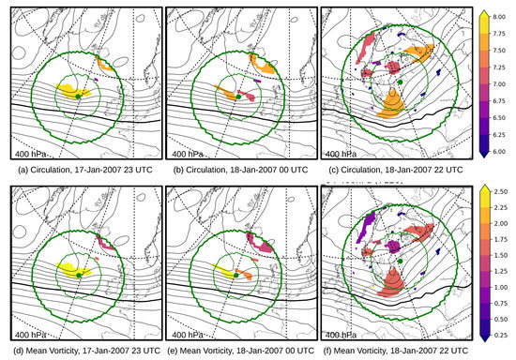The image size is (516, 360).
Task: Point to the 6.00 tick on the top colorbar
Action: coord(501,150)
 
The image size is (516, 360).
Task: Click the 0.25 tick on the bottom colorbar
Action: coord(501,330)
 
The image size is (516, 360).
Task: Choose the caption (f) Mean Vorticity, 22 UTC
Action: coord(400,350)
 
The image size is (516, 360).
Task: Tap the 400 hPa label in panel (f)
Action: coord(345,334)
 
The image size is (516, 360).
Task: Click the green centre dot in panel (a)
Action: coord(78,97)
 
